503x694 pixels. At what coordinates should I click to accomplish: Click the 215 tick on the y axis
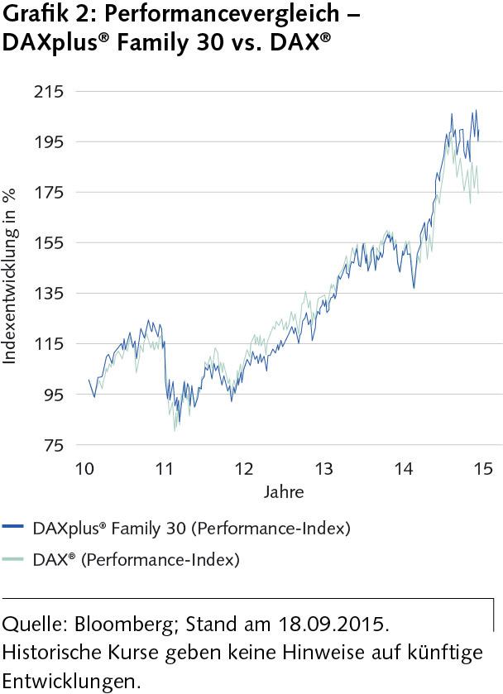[50, 91]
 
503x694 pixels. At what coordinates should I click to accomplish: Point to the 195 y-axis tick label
[50, 141]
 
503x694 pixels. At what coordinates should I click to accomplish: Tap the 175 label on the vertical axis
[50, 192]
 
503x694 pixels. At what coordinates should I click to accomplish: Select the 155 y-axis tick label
[50, 242]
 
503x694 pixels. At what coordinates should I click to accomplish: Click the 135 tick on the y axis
[50, 293]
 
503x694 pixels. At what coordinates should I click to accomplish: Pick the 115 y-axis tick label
[50, 343]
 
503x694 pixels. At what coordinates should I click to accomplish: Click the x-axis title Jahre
[284, 492]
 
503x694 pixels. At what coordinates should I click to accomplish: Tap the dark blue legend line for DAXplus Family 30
[14, 526]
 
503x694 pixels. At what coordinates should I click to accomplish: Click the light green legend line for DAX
[14, 560]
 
